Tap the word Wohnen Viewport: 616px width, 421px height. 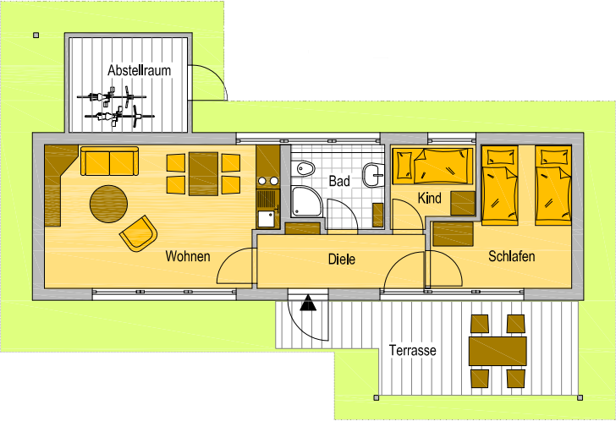188,256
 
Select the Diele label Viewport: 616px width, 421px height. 341,260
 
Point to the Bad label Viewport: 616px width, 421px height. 339,181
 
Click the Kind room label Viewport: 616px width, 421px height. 430,199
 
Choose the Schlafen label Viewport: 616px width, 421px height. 511,256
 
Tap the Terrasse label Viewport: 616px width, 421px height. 412,350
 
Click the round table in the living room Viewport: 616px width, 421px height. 109,203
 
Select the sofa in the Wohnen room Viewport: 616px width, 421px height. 109,161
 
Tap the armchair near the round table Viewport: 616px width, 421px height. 139,232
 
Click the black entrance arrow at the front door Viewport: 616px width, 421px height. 308,302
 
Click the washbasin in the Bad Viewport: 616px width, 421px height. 372,176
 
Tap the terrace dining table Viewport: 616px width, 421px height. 498,350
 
